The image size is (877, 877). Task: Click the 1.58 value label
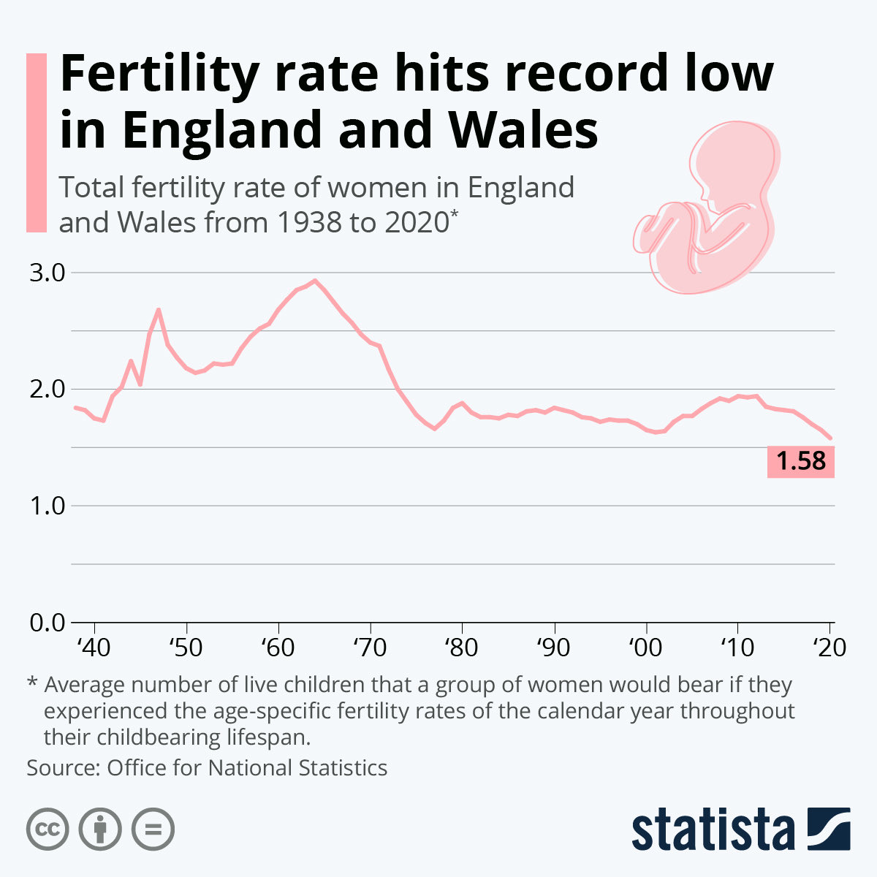pos(800,462)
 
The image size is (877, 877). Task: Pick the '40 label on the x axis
pos(94,648)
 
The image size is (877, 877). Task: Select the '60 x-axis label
pos(278,648)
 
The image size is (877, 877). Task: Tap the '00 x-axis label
pos(645,648)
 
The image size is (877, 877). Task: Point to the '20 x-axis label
pos(829,648)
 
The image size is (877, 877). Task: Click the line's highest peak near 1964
pos(314,280)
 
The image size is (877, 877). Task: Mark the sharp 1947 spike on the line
pos(158,310)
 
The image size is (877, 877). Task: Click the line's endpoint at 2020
pos(830,438)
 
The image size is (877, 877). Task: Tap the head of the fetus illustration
pos(731,161)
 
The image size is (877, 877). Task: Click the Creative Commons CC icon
pos(48,829)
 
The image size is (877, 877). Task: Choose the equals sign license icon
pos(153,829)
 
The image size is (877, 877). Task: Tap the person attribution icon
pos(100,829)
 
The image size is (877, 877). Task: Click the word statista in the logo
pos(713,830)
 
